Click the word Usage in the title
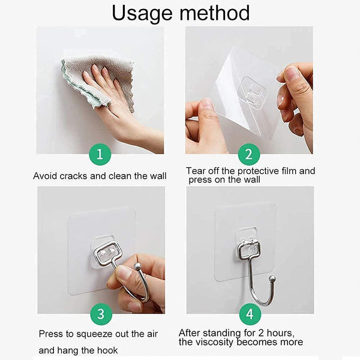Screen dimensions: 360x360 pos(144,13)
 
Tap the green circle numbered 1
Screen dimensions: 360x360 pos(100,155)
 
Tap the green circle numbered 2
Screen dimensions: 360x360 pos(248,155)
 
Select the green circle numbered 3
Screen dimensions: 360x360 pos(100,314)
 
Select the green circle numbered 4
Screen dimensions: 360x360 pos(248,314)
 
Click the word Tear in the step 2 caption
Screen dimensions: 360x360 pos(196,171)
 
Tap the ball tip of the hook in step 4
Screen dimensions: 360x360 pos(272,278)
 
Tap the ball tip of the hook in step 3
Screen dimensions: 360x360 pos(137,266)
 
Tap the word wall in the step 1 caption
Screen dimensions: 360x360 pos(157,176)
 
